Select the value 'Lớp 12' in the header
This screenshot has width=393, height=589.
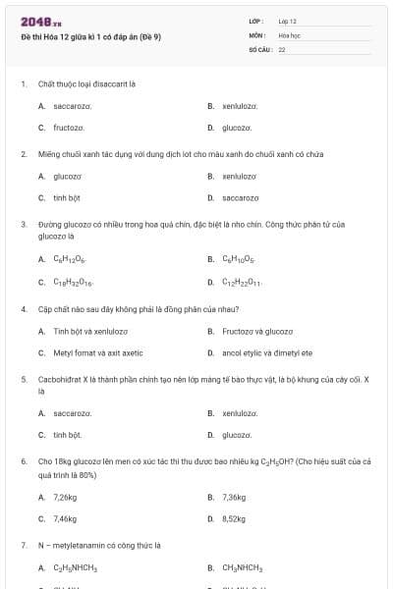tap(287, 21)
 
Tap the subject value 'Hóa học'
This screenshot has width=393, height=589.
tap(288, 34)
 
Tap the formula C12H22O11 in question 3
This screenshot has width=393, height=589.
tap(241, 282)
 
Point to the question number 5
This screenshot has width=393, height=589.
tap(23, 378)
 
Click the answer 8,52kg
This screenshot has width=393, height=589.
tap(234, 518)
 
